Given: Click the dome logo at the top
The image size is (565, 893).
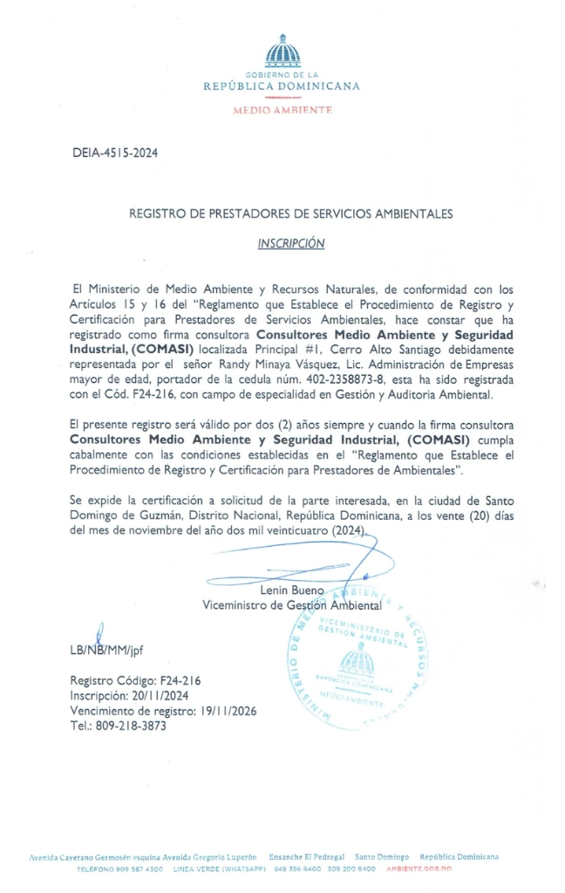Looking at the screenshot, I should click(282, 51).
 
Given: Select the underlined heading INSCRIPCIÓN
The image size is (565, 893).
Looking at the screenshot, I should click(290, 243).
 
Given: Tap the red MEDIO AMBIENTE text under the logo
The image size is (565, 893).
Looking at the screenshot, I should click(282, 111).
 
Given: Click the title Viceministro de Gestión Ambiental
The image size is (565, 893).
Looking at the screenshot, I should click(291, 604).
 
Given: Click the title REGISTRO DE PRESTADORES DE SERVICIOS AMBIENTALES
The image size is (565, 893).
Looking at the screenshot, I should click(290, 213).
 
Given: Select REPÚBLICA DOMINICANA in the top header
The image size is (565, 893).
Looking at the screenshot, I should click(282, 86).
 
